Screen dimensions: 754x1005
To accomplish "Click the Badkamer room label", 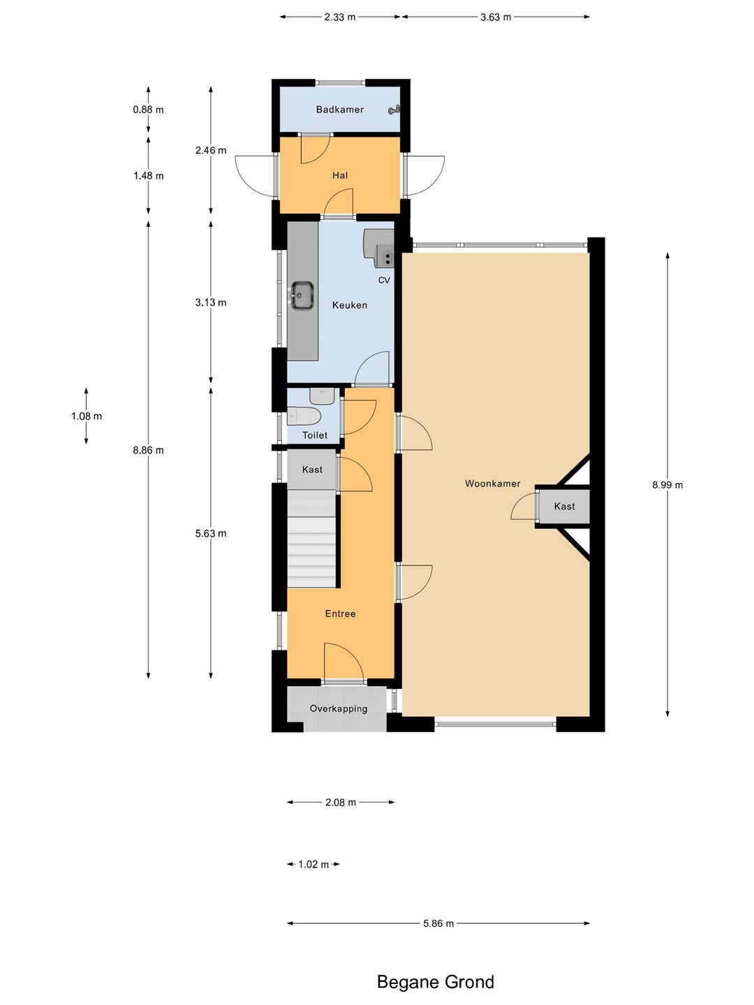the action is (340, 110).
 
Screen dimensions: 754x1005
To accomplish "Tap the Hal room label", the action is (340, 175).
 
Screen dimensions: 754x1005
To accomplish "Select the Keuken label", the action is (350, 305).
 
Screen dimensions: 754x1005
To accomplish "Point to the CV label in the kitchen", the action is (384, 280).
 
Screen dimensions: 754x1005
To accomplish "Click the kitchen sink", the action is (302, 295).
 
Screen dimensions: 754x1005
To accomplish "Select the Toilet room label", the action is (315, 435).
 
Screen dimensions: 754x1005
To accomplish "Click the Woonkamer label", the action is (493, 484).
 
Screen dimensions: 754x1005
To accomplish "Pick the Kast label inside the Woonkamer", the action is (565, 507).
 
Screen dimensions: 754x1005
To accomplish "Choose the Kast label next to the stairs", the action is (312, 469).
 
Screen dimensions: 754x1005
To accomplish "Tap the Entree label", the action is (340, 613).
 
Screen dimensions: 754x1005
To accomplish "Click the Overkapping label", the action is (339, 709).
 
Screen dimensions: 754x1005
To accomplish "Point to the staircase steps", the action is (311, 538).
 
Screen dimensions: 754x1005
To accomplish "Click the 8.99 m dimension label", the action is (667, 485).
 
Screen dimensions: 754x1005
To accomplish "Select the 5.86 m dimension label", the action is (438, 923).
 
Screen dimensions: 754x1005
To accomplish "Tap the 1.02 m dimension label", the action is (313, 865).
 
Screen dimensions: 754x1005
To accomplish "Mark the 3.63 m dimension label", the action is (496, 17).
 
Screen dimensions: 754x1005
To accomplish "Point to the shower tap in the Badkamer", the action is (394, 110).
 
